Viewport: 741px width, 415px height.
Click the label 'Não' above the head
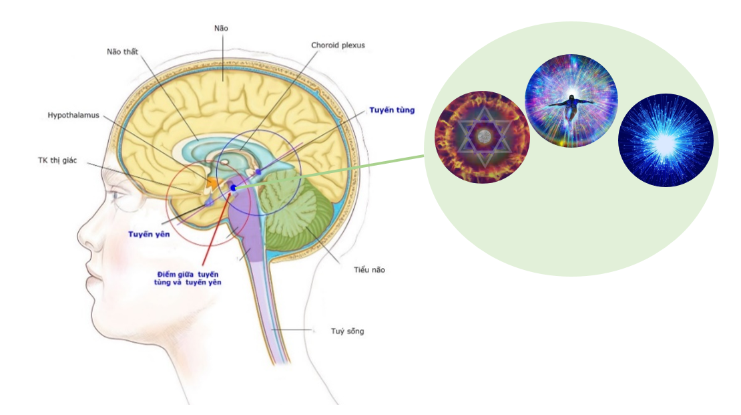221,28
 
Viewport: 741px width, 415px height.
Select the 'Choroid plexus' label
338,45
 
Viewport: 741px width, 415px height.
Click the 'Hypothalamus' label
73,115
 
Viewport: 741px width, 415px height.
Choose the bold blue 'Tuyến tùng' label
392,110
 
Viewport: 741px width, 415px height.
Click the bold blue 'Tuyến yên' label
148,235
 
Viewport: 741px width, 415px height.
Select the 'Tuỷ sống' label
348,331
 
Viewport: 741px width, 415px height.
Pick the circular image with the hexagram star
482,137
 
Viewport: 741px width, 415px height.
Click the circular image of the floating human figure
571,101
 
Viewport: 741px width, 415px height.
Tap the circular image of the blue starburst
666,140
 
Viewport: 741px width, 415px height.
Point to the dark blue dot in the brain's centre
233,188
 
